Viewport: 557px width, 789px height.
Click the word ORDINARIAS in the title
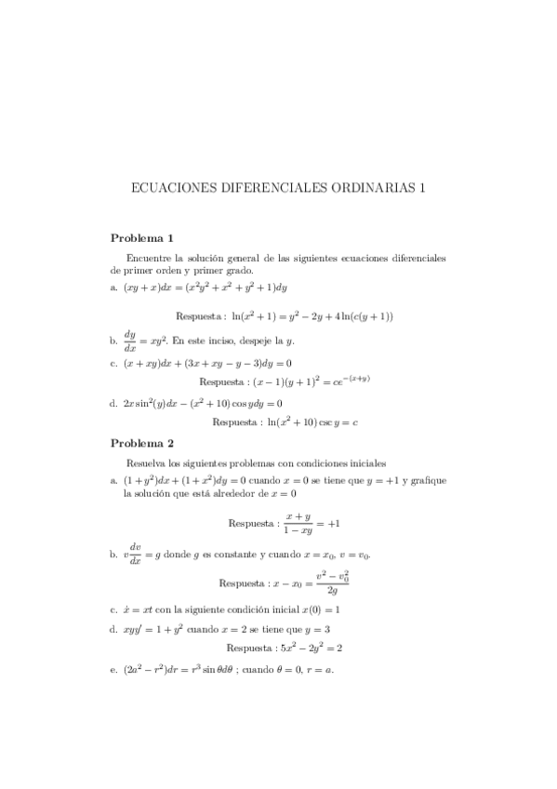point(376,187)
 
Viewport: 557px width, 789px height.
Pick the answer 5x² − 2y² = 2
point(308,648)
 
